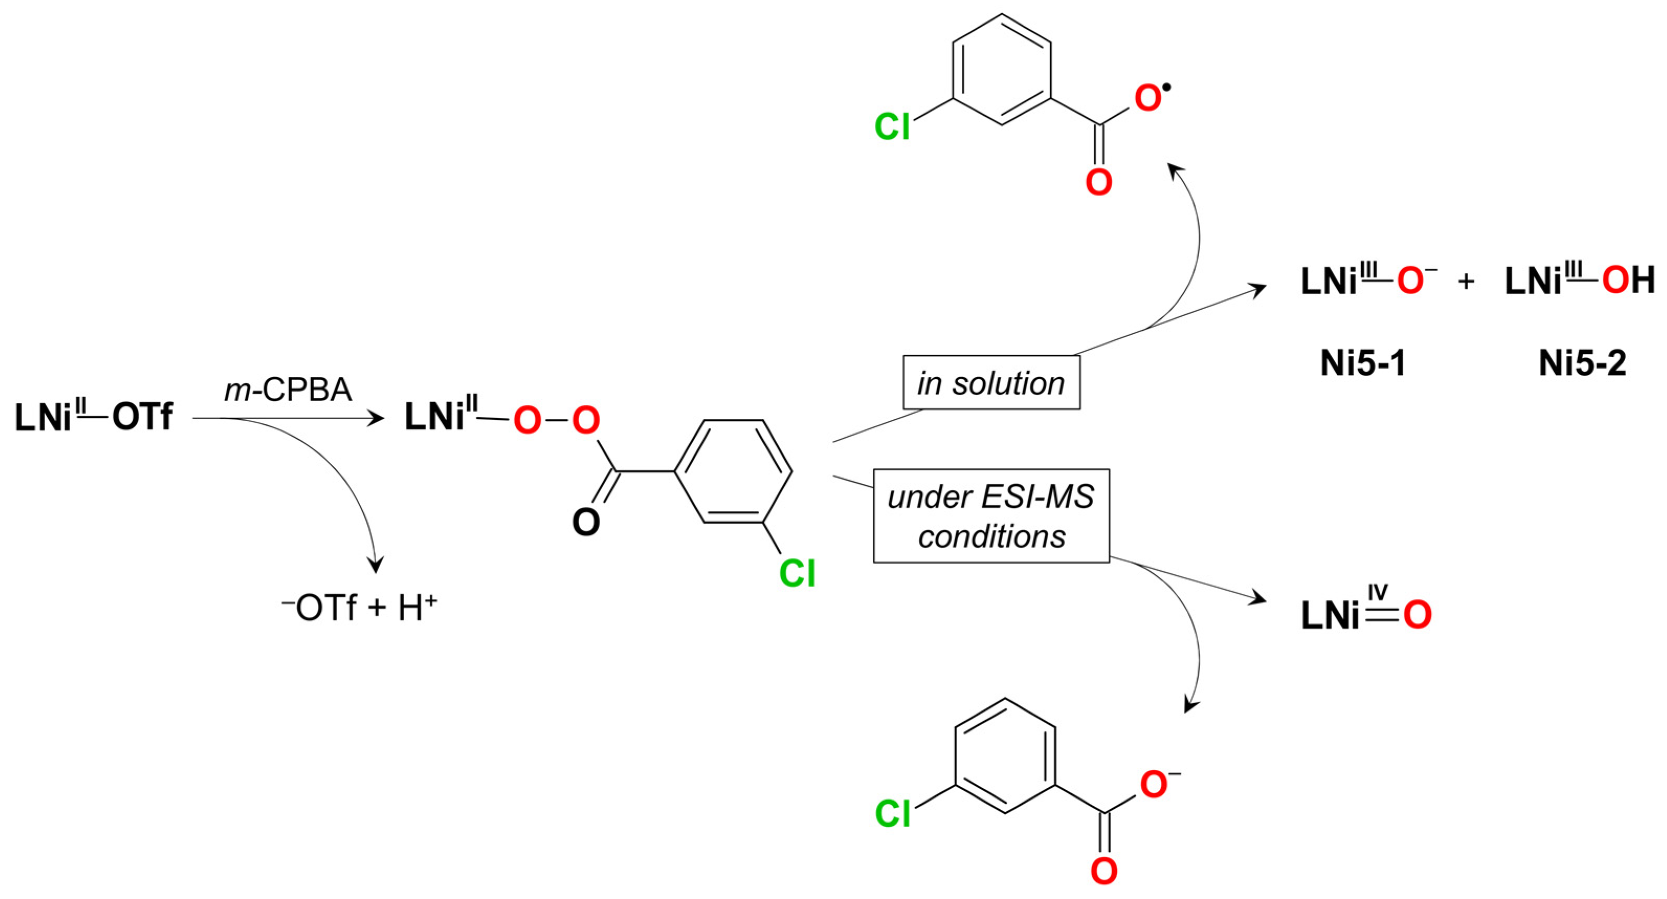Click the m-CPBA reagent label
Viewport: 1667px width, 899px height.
tap(288, 390)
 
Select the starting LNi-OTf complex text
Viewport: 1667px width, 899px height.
tap(93, 417)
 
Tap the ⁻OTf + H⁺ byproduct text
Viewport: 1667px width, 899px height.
tap(359, 608)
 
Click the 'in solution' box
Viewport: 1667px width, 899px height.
tap(991, 383)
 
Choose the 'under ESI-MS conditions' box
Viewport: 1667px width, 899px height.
tap(991, 516)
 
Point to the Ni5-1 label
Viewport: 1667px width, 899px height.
tap(1363, 363)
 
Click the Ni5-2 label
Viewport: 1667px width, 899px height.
tap(1582, 363)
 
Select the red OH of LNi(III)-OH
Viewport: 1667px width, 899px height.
tap(1628, 282)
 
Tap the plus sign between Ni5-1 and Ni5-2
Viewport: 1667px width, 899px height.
tap(1466, 282)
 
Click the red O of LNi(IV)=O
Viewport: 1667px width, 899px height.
tap(1417, 615)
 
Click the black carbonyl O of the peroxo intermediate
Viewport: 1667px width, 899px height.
tap(586, 521)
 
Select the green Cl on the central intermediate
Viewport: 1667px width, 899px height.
tap(797, 573)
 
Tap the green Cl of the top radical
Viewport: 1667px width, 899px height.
tap(892, 126)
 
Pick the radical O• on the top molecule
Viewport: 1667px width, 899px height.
tap(1149, 99)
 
